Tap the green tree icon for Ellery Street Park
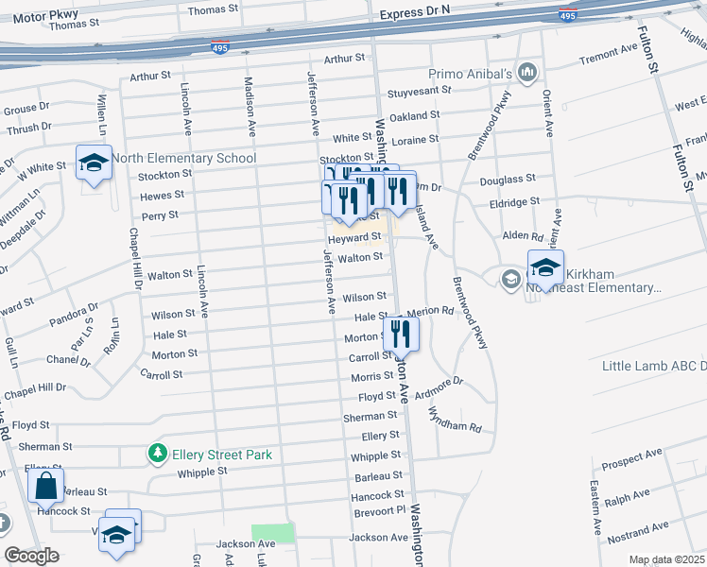[158, 455]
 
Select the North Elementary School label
[183, 158]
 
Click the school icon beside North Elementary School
[94, 163]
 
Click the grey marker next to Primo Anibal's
[527, 72]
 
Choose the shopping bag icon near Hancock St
[45, 488]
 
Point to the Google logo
[31, 556]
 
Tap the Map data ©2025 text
[666, 559]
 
